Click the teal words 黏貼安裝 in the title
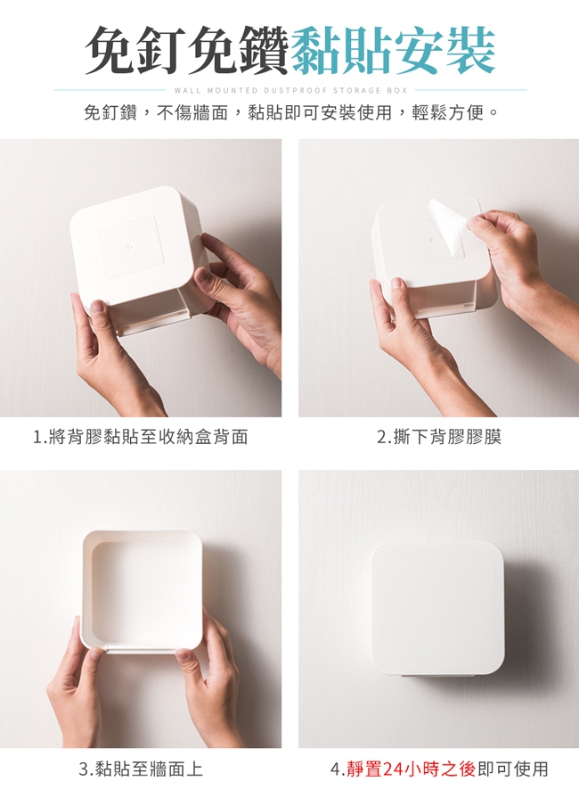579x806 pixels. pos(393,51)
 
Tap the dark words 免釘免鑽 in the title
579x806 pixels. pos(188,51)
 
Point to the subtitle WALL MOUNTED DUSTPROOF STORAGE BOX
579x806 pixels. pos(290,90)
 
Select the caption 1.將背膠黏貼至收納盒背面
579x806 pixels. pos(140,437)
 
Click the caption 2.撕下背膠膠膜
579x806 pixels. pos(439,437)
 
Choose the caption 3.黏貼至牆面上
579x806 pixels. pos(141,769)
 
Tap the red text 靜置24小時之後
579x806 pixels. pos(411,769)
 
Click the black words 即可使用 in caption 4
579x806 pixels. pos(513,769)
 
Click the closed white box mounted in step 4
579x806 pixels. pos(437,607)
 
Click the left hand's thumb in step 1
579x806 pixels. pos(97,308)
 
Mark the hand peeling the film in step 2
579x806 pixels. pos(519,267)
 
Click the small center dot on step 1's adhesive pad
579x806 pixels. pos(130,246)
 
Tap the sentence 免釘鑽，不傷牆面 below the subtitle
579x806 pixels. pos(155,112)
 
